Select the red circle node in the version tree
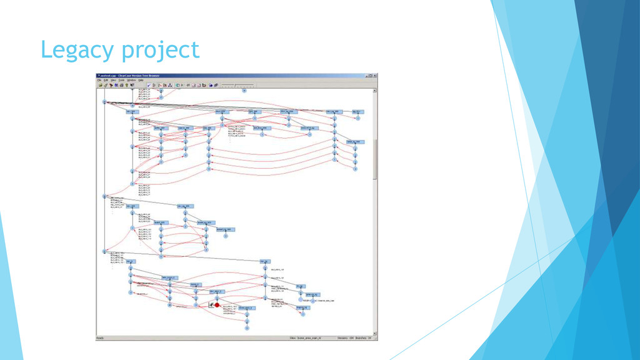pos(217,305)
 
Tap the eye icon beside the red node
pos(211,305)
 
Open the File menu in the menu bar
pos(99,80)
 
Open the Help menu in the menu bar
pos(141,80)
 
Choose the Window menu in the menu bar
pos(131,80)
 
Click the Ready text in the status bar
pos(100,338)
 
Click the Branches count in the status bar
pos(369,338)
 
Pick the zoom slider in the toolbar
pos(237,85)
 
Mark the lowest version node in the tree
pos(247,327)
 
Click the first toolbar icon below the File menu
pos(100,85)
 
